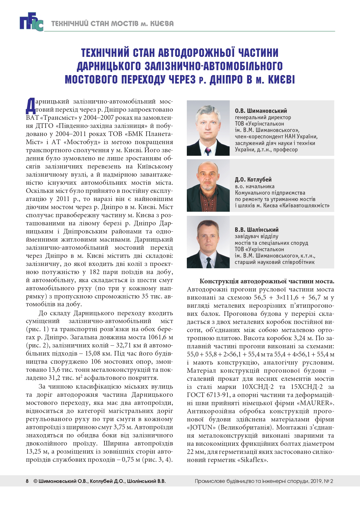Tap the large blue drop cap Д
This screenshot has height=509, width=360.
tap(30, 106)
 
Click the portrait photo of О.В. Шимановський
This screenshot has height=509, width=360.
tap(208, 128)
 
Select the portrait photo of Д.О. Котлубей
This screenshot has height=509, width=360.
tap(208, 185)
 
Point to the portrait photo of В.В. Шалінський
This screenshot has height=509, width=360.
tap(208, 242)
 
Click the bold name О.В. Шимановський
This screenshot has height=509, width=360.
tap(261, 111)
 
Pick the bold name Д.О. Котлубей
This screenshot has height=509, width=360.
tap(253, 180)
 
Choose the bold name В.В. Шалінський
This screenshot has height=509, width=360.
tap(256, 230)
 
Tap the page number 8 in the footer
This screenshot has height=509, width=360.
tap(27, 481)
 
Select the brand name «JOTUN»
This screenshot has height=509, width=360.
tap(201, 428)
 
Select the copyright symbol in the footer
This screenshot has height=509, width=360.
tap(35, 481)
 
